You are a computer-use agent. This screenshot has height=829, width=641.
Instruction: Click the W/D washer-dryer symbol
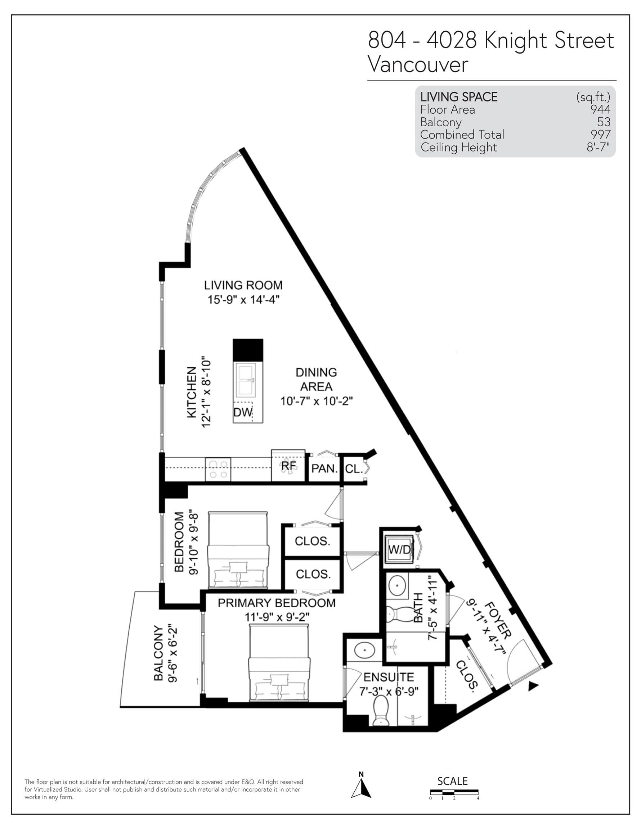click(x=399, y=549)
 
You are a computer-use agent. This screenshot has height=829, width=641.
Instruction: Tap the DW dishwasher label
click(x=242, y=412)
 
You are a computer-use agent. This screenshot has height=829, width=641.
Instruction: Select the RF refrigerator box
click(x=288, y=466)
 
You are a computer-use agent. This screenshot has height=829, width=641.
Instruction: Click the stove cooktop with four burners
click(x=218, y=470)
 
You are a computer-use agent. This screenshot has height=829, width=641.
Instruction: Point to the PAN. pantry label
click(x=324, y=469)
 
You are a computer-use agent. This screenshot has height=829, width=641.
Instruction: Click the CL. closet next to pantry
click(x=353, y=469)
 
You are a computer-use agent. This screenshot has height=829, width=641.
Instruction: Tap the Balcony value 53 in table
click(x=604, y=122)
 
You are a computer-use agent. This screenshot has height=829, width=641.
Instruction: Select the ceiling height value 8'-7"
click(x=598, y=147)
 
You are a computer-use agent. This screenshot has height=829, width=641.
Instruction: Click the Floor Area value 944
click(x=600, y=109)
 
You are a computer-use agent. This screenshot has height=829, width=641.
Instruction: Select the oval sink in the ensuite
click(x=364, y=650)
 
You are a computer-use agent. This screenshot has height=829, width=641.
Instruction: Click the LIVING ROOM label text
click(x=243, y=285)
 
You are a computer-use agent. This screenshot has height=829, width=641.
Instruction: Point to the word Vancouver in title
click(x=418, y=64)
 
